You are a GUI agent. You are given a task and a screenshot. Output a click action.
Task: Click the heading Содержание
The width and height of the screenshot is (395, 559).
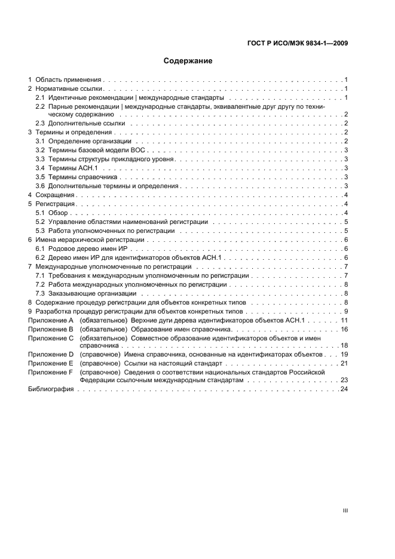pos(188,61)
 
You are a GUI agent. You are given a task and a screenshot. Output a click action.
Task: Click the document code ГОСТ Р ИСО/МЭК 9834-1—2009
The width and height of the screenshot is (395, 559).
pos(297,43)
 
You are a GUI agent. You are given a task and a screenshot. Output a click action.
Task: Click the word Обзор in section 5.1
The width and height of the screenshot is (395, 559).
pos(59,213)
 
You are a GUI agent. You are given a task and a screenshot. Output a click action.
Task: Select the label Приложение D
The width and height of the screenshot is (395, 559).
pos(51,354)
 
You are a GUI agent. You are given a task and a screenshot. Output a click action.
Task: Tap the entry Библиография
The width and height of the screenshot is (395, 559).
pos(51,389)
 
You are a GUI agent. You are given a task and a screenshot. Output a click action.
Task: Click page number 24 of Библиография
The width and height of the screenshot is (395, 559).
pos(344,389)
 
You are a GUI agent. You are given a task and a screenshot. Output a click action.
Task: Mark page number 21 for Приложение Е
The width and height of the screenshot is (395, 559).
pos(344,363)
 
